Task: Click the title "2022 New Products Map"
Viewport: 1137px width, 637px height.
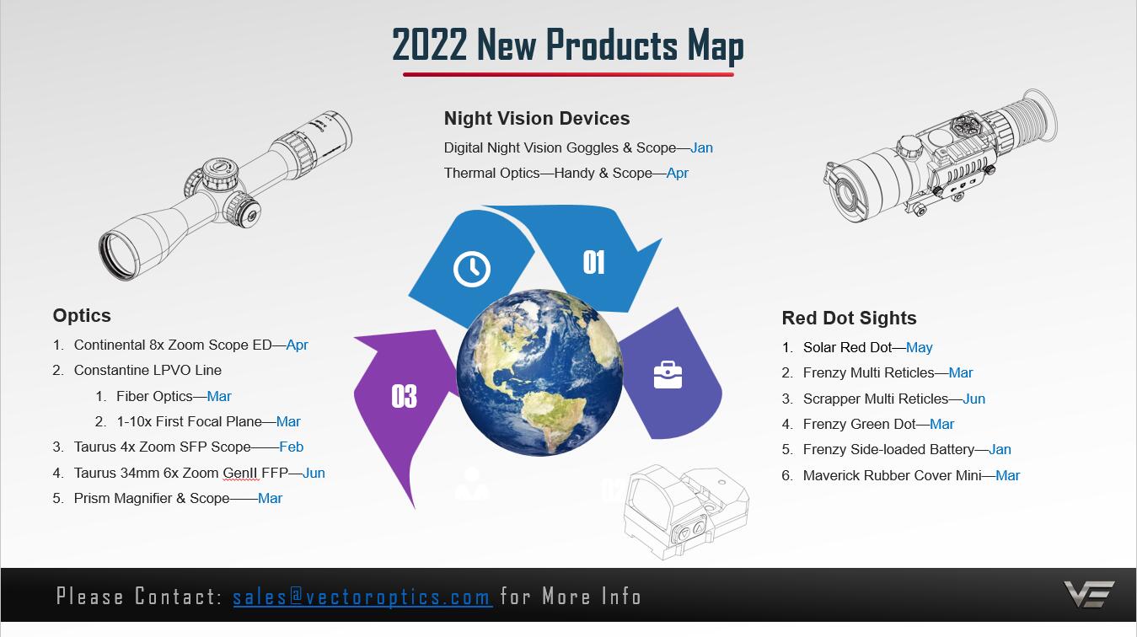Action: [x=568, y=45]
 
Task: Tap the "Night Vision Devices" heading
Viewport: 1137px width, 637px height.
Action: [x=537, y=118]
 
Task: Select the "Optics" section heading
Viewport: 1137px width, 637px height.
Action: [x=82, y=316]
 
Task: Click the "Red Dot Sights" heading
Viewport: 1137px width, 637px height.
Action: [x=849, y=318]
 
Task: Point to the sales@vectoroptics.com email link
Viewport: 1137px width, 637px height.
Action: [x=362, y=596]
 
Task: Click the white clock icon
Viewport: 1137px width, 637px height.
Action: [x=471, y=269]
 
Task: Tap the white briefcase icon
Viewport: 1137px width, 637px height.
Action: [x=668, y=375]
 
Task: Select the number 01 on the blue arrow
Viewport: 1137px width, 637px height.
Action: [x=594, y=262]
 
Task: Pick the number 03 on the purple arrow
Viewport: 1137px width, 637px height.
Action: [x=404, y=396]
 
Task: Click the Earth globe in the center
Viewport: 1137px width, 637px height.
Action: [x=539, y=372]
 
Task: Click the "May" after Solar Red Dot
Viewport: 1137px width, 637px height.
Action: [x=920, y=348]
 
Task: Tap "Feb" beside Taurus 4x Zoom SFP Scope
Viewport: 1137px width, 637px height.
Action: [x=292, y=447]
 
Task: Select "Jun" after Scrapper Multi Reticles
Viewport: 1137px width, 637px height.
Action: [x=974, y=399]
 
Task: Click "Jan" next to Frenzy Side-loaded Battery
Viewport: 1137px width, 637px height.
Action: [x=1000, y=449]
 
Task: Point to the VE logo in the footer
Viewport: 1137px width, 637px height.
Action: [x=1088, y=594]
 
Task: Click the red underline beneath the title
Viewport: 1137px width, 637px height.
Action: [x=568, y=75]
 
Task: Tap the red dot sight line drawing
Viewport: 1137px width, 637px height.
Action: [x=686, y=511]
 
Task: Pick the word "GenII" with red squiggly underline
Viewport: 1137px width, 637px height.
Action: [x=240, y=473]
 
